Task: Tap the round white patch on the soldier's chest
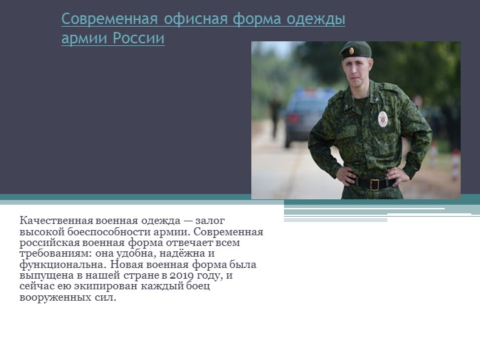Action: [x=382, y=119]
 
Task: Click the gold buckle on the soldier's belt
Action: [x=374, y=184]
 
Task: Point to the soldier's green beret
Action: [x=355, y=49]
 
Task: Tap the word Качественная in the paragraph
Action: [x=55, y=221]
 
